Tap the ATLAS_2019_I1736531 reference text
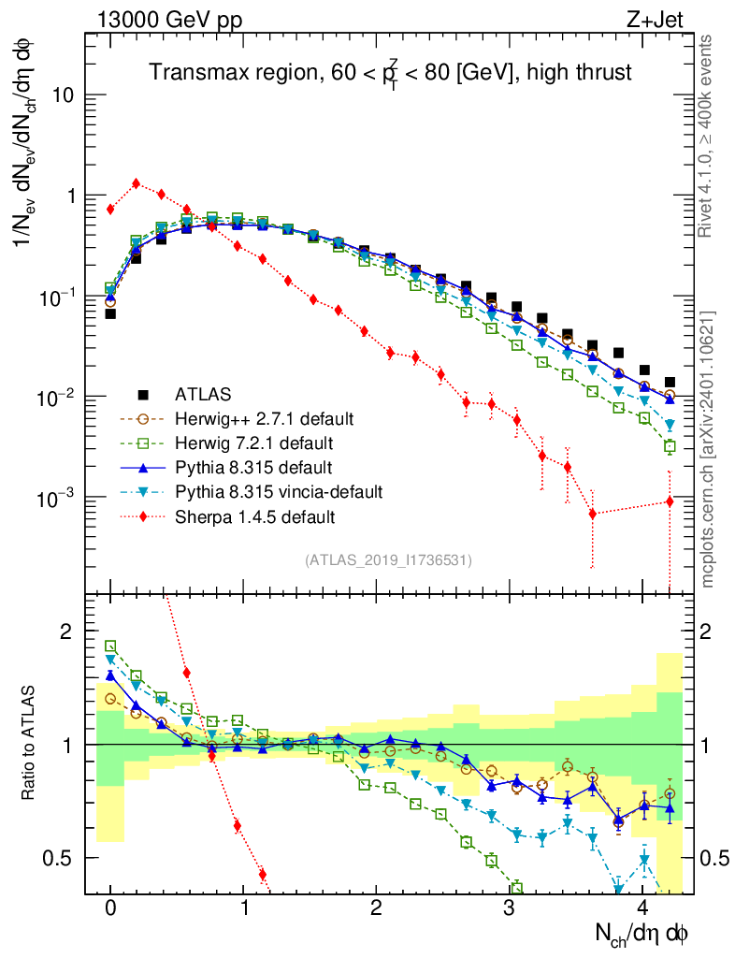[388, 560]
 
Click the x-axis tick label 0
[110, 908]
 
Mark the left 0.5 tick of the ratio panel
[65, 858]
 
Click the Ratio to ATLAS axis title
[28, 743]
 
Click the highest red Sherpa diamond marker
[137, 183]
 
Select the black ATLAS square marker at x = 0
[110, 314]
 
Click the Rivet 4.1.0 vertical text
[707, 135]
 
